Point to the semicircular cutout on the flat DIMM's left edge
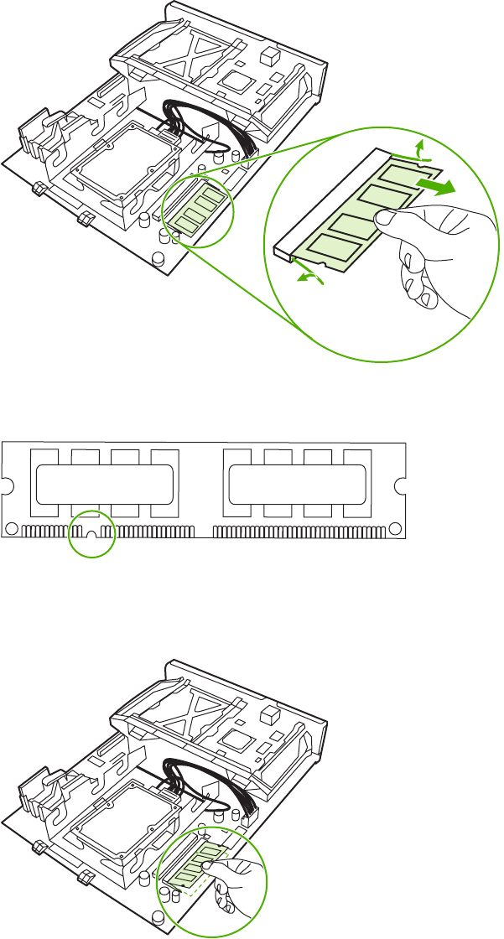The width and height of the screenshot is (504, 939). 7,484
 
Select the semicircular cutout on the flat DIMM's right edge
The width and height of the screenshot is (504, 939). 401,484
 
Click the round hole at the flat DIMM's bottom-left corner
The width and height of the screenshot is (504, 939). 13,529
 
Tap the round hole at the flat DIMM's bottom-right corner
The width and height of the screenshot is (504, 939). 393,529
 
